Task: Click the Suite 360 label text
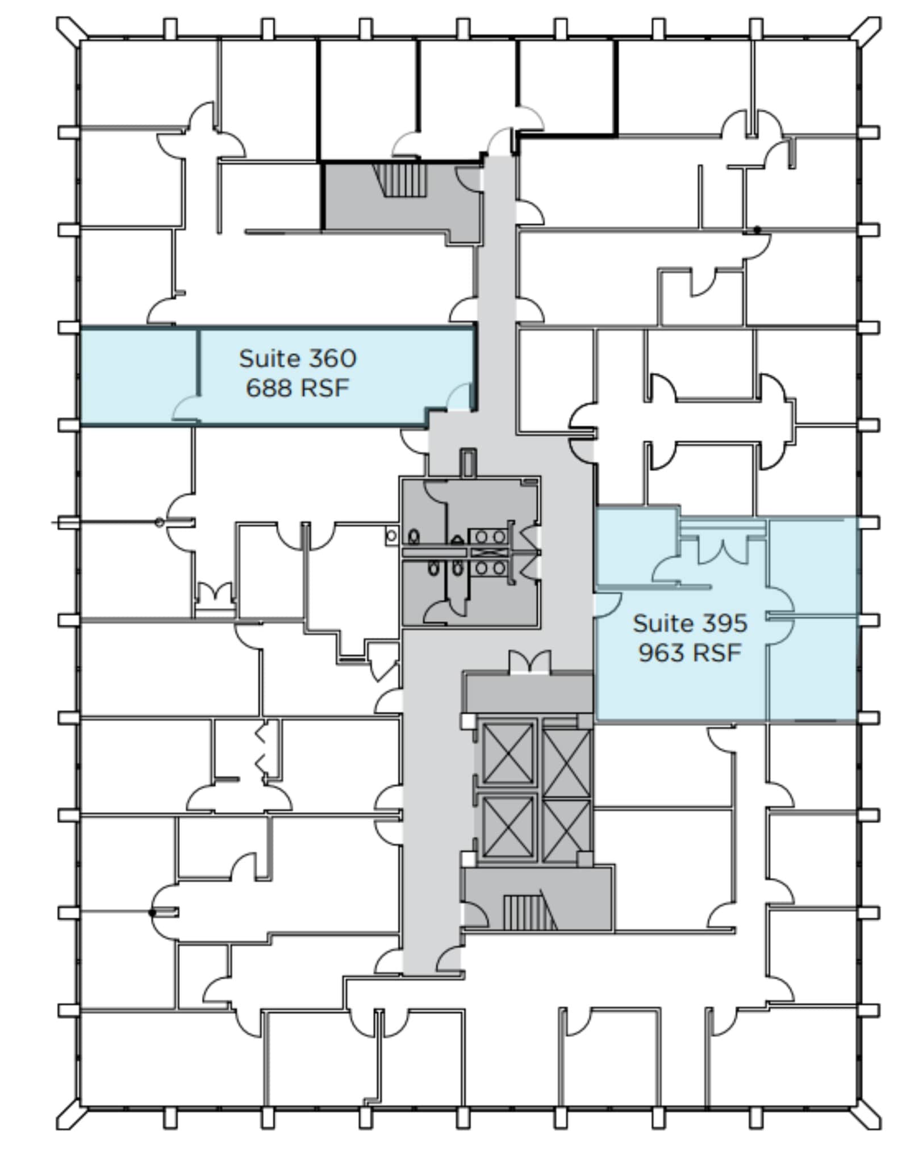(297, 358)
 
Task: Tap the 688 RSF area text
(297, 388)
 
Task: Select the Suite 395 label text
(690, 623)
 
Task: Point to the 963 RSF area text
(690, 652)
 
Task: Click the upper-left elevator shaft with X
(507, 752)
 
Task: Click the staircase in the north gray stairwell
(404, 179)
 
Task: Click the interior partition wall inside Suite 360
(198, 363)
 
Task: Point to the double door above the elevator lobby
(529, 663)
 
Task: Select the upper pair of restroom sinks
(491, 536)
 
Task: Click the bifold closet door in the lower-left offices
(261, 748)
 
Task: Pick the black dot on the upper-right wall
(757, 230)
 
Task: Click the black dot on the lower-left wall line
(152, 913)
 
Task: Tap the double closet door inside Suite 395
(722, 551)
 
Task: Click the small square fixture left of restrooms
(391, 536)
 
